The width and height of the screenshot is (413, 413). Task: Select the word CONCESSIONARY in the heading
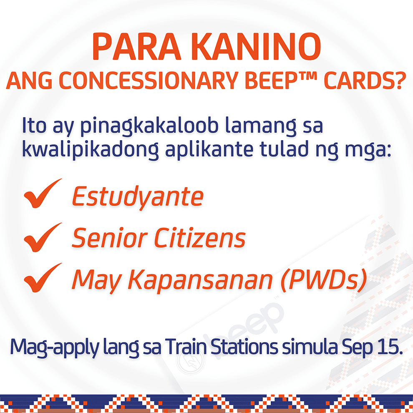click(149, 81)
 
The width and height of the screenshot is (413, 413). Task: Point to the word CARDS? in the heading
click(365, 81)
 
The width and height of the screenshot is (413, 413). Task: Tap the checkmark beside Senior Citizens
click(43, 237)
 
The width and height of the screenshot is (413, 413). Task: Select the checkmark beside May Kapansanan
click(43, 277)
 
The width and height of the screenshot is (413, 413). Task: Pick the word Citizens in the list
click(200, 238)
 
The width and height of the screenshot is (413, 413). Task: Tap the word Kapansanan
click(200, 280)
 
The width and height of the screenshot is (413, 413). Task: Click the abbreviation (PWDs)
click(323, 280)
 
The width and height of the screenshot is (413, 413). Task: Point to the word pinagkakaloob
click(149, 126)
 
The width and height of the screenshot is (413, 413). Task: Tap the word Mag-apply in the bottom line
click(55, 347)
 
